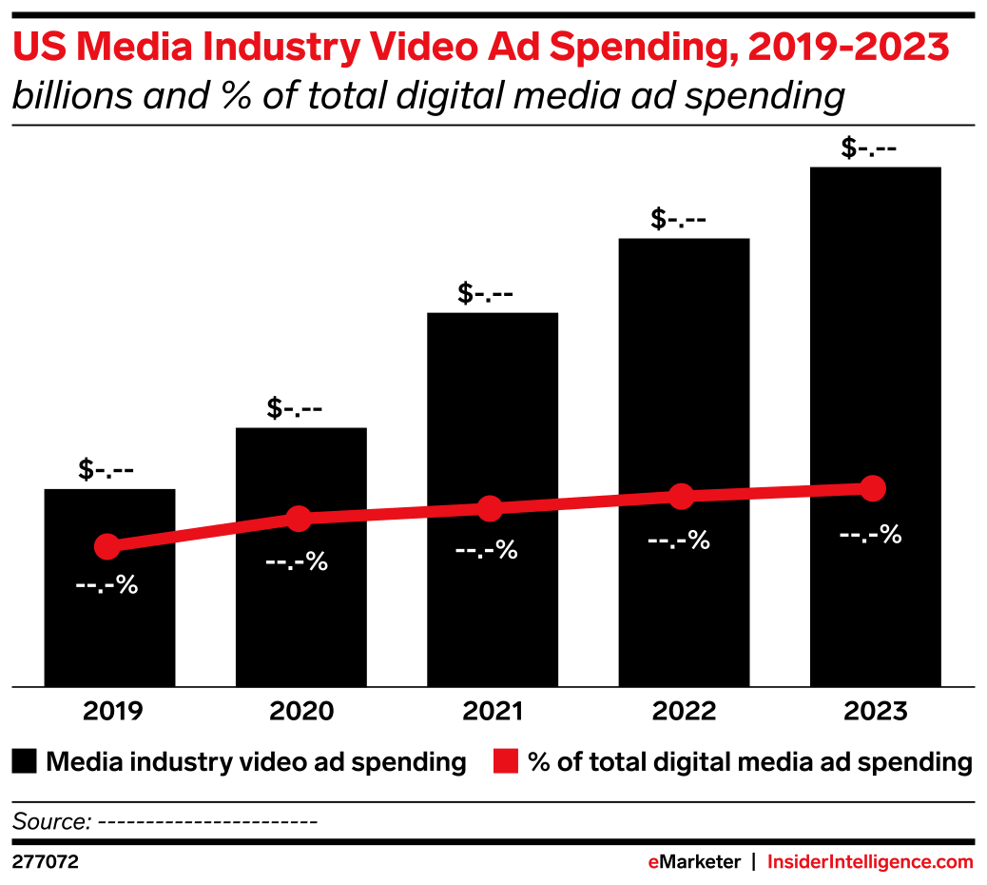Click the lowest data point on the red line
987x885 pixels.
[x=107, y=546]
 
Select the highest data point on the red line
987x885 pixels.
[x=872, y=488]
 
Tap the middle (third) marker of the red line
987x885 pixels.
[x=490, y=508]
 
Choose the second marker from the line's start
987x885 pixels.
[x=299, y=519]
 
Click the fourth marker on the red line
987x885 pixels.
[x=681, y=496]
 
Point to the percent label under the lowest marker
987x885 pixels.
[x=106, y=585]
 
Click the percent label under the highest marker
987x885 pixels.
[x=870, y=535]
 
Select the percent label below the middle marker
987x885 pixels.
[x=486, y=550]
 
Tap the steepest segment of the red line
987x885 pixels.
[x=203, y=533]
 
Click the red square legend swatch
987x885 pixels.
[x=506, y=761]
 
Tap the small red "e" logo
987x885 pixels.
[x=653, y=863]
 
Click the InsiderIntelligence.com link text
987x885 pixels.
[x=870, y=863]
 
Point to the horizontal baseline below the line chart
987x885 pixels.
[x=493, y=686]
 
